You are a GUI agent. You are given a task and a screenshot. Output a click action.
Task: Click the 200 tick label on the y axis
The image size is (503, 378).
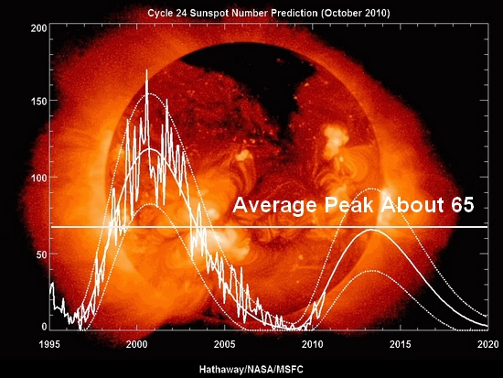point(38,28)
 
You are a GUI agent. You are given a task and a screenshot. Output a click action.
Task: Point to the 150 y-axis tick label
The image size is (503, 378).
point(38,101)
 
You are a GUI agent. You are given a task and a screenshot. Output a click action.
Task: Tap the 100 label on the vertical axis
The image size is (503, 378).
point(38,178)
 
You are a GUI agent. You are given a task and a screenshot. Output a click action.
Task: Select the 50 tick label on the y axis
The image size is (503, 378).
point(41,254)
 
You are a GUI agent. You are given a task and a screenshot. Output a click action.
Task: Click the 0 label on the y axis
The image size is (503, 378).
point(44,327)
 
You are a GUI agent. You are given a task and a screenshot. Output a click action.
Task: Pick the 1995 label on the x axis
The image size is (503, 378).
point(49,345)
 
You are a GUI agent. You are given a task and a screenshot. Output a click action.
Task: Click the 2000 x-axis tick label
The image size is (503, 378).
point(137,345)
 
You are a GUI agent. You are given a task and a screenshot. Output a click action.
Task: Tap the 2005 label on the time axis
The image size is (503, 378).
point(225,345)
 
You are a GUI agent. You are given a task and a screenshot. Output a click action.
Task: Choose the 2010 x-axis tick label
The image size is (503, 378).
point(313,345)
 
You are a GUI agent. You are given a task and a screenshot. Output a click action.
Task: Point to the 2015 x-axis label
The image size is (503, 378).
point(400,345)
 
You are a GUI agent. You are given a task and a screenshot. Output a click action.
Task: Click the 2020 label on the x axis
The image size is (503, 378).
point(488,345)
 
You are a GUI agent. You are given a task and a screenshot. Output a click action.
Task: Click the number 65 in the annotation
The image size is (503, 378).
point(463,205)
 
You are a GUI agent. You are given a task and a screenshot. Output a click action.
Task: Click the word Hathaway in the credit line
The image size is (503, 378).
point(221,370)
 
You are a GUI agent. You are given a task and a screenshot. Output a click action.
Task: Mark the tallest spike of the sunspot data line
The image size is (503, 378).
point(147,70)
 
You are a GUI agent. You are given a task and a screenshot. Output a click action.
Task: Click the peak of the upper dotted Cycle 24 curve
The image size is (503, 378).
point(370,189)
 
